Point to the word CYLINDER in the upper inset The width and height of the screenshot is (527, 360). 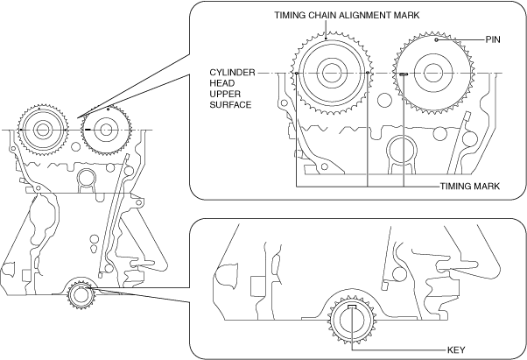(231, 73)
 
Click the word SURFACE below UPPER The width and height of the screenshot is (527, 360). (230, 105)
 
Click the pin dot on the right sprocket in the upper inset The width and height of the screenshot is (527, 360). (435, 40)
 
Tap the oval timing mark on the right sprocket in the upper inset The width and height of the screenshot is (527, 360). (403, 74)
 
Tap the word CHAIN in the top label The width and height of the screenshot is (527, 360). (325, 15)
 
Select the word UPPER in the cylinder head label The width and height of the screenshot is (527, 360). (224, 95)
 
